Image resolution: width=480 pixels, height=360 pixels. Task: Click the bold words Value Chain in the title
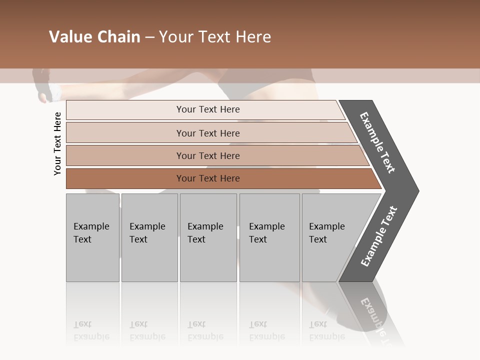[94, 37]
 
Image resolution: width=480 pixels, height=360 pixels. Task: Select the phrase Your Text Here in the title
[215, 37]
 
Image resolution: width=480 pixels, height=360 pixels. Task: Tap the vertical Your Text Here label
[57, 143]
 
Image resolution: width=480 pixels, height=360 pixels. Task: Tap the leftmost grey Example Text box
[92, 237]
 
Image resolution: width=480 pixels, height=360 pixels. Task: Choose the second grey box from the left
[149, 237]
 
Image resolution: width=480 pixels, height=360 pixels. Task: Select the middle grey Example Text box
[208, 237]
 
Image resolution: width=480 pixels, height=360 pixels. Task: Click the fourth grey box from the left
[269, 237]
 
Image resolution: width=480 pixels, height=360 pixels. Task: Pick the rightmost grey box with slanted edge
[330, 237]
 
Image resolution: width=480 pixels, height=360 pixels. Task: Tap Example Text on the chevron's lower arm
[379, 236]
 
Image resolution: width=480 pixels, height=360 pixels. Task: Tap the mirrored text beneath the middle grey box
[205, 330]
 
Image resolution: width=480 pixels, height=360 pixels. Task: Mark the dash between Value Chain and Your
[149, 37]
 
